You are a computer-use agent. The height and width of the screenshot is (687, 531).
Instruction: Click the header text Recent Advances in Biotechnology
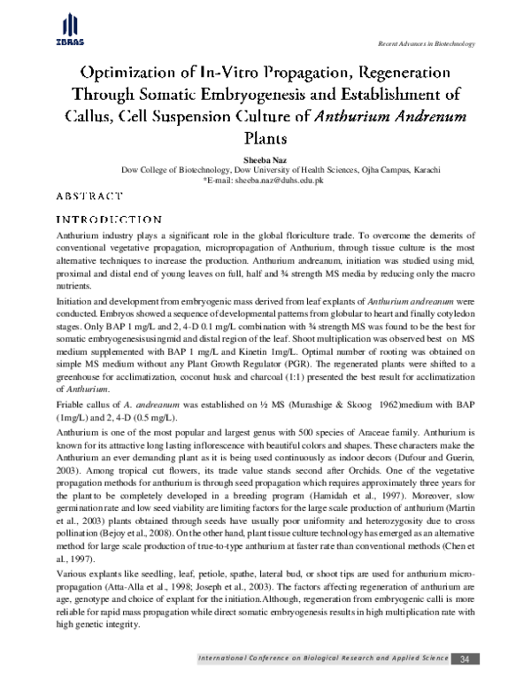point(427,43)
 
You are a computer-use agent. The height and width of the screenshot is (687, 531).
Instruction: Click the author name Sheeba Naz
point(265,158)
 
